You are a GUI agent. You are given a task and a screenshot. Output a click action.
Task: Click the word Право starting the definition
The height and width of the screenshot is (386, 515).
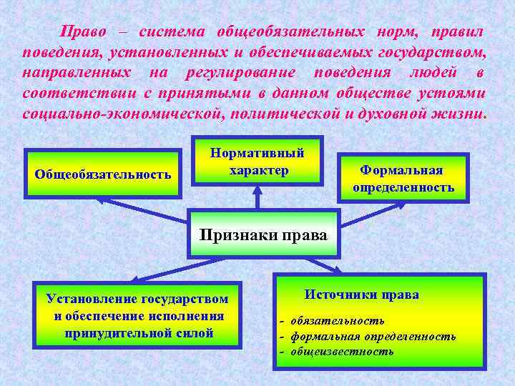(x=82, y=31)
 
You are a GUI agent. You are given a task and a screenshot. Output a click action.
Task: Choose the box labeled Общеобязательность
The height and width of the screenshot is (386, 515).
(x=103, y=174)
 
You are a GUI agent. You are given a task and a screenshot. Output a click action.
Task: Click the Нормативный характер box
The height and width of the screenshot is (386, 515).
(x=258, y=162)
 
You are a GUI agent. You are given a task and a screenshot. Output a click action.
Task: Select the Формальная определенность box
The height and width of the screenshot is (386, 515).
(x=403, y=179)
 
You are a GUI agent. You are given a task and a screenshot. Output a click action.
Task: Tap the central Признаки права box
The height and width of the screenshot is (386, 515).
(x=263, y=234)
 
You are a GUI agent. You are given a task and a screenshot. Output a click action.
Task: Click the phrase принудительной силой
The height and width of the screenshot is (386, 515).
(x=139, y=332)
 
